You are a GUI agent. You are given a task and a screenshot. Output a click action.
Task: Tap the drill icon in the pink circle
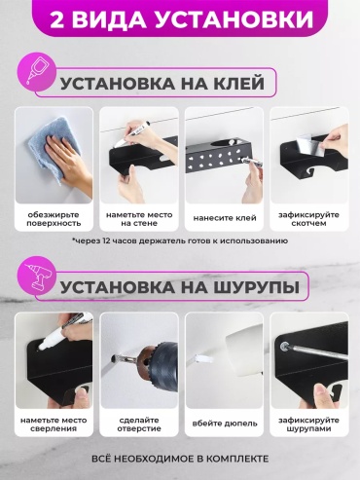[38, 276]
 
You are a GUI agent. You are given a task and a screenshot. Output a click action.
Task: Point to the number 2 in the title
[56, 19]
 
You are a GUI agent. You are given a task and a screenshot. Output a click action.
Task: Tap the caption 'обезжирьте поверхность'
[54, 219]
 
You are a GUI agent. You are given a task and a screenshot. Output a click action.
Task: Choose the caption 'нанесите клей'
[225, 218]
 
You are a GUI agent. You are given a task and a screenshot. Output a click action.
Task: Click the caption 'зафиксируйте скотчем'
[308, 219]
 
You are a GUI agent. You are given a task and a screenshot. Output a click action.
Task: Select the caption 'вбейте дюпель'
[225, 424]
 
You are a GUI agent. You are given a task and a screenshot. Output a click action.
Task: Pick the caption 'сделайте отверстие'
[139, 425]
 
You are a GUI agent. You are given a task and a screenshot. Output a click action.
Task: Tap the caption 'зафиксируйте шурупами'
[308, 425]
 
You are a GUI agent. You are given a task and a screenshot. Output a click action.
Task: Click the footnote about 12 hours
[180, 240]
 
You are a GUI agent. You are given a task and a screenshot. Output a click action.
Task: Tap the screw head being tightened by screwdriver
[285, 346]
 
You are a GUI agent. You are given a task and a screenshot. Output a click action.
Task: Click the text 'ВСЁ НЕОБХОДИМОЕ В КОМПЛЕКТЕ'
[180, 459]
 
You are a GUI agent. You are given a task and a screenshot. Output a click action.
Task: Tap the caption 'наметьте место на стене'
[139, 219]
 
